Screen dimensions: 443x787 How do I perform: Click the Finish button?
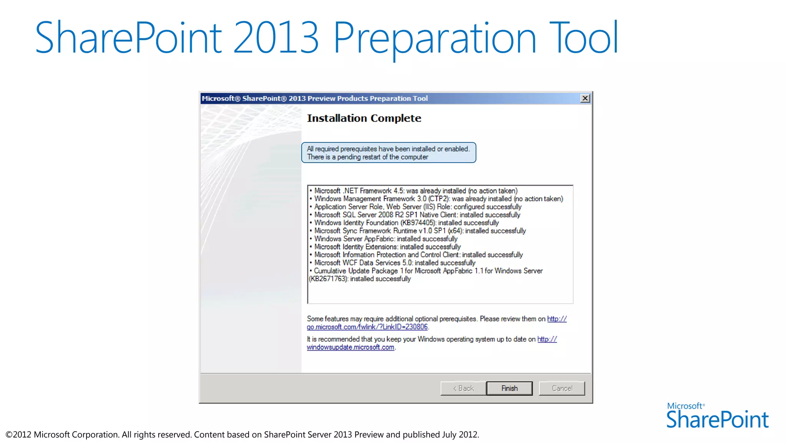click(509, 388)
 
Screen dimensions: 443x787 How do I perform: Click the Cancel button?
click(562, 388)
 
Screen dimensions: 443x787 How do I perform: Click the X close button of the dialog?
click(585, 98)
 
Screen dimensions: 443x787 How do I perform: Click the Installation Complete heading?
click(364, 118)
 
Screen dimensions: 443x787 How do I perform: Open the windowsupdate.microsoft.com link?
click(350, 347)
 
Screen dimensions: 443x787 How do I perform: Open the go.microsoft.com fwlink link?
click(367, 327)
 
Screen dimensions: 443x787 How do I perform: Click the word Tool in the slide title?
click(584, 38)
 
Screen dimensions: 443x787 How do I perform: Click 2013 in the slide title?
click(276, 38)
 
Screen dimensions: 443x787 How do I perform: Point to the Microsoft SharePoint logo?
click(717, 416)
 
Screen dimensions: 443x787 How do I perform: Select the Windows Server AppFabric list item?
click(386, 239)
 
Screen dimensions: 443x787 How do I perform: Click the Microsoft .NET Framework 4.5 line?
click(416, 191)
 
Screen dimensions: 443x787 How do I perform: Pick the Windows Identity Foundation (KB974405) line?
click(406, 223)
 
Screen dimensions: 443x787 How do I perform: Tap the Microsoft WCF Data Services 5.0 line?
click(395, 263)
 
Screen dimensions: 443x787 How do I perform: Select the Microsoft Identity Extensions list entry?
click(387, 247)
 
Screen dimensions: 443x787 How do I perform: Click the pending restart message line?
click(367, 157)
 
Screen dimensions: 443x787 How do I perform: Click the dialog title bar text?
click(315, 98)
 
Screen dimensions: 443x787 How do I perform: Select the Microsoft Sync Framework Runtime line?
click(420, 231)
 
